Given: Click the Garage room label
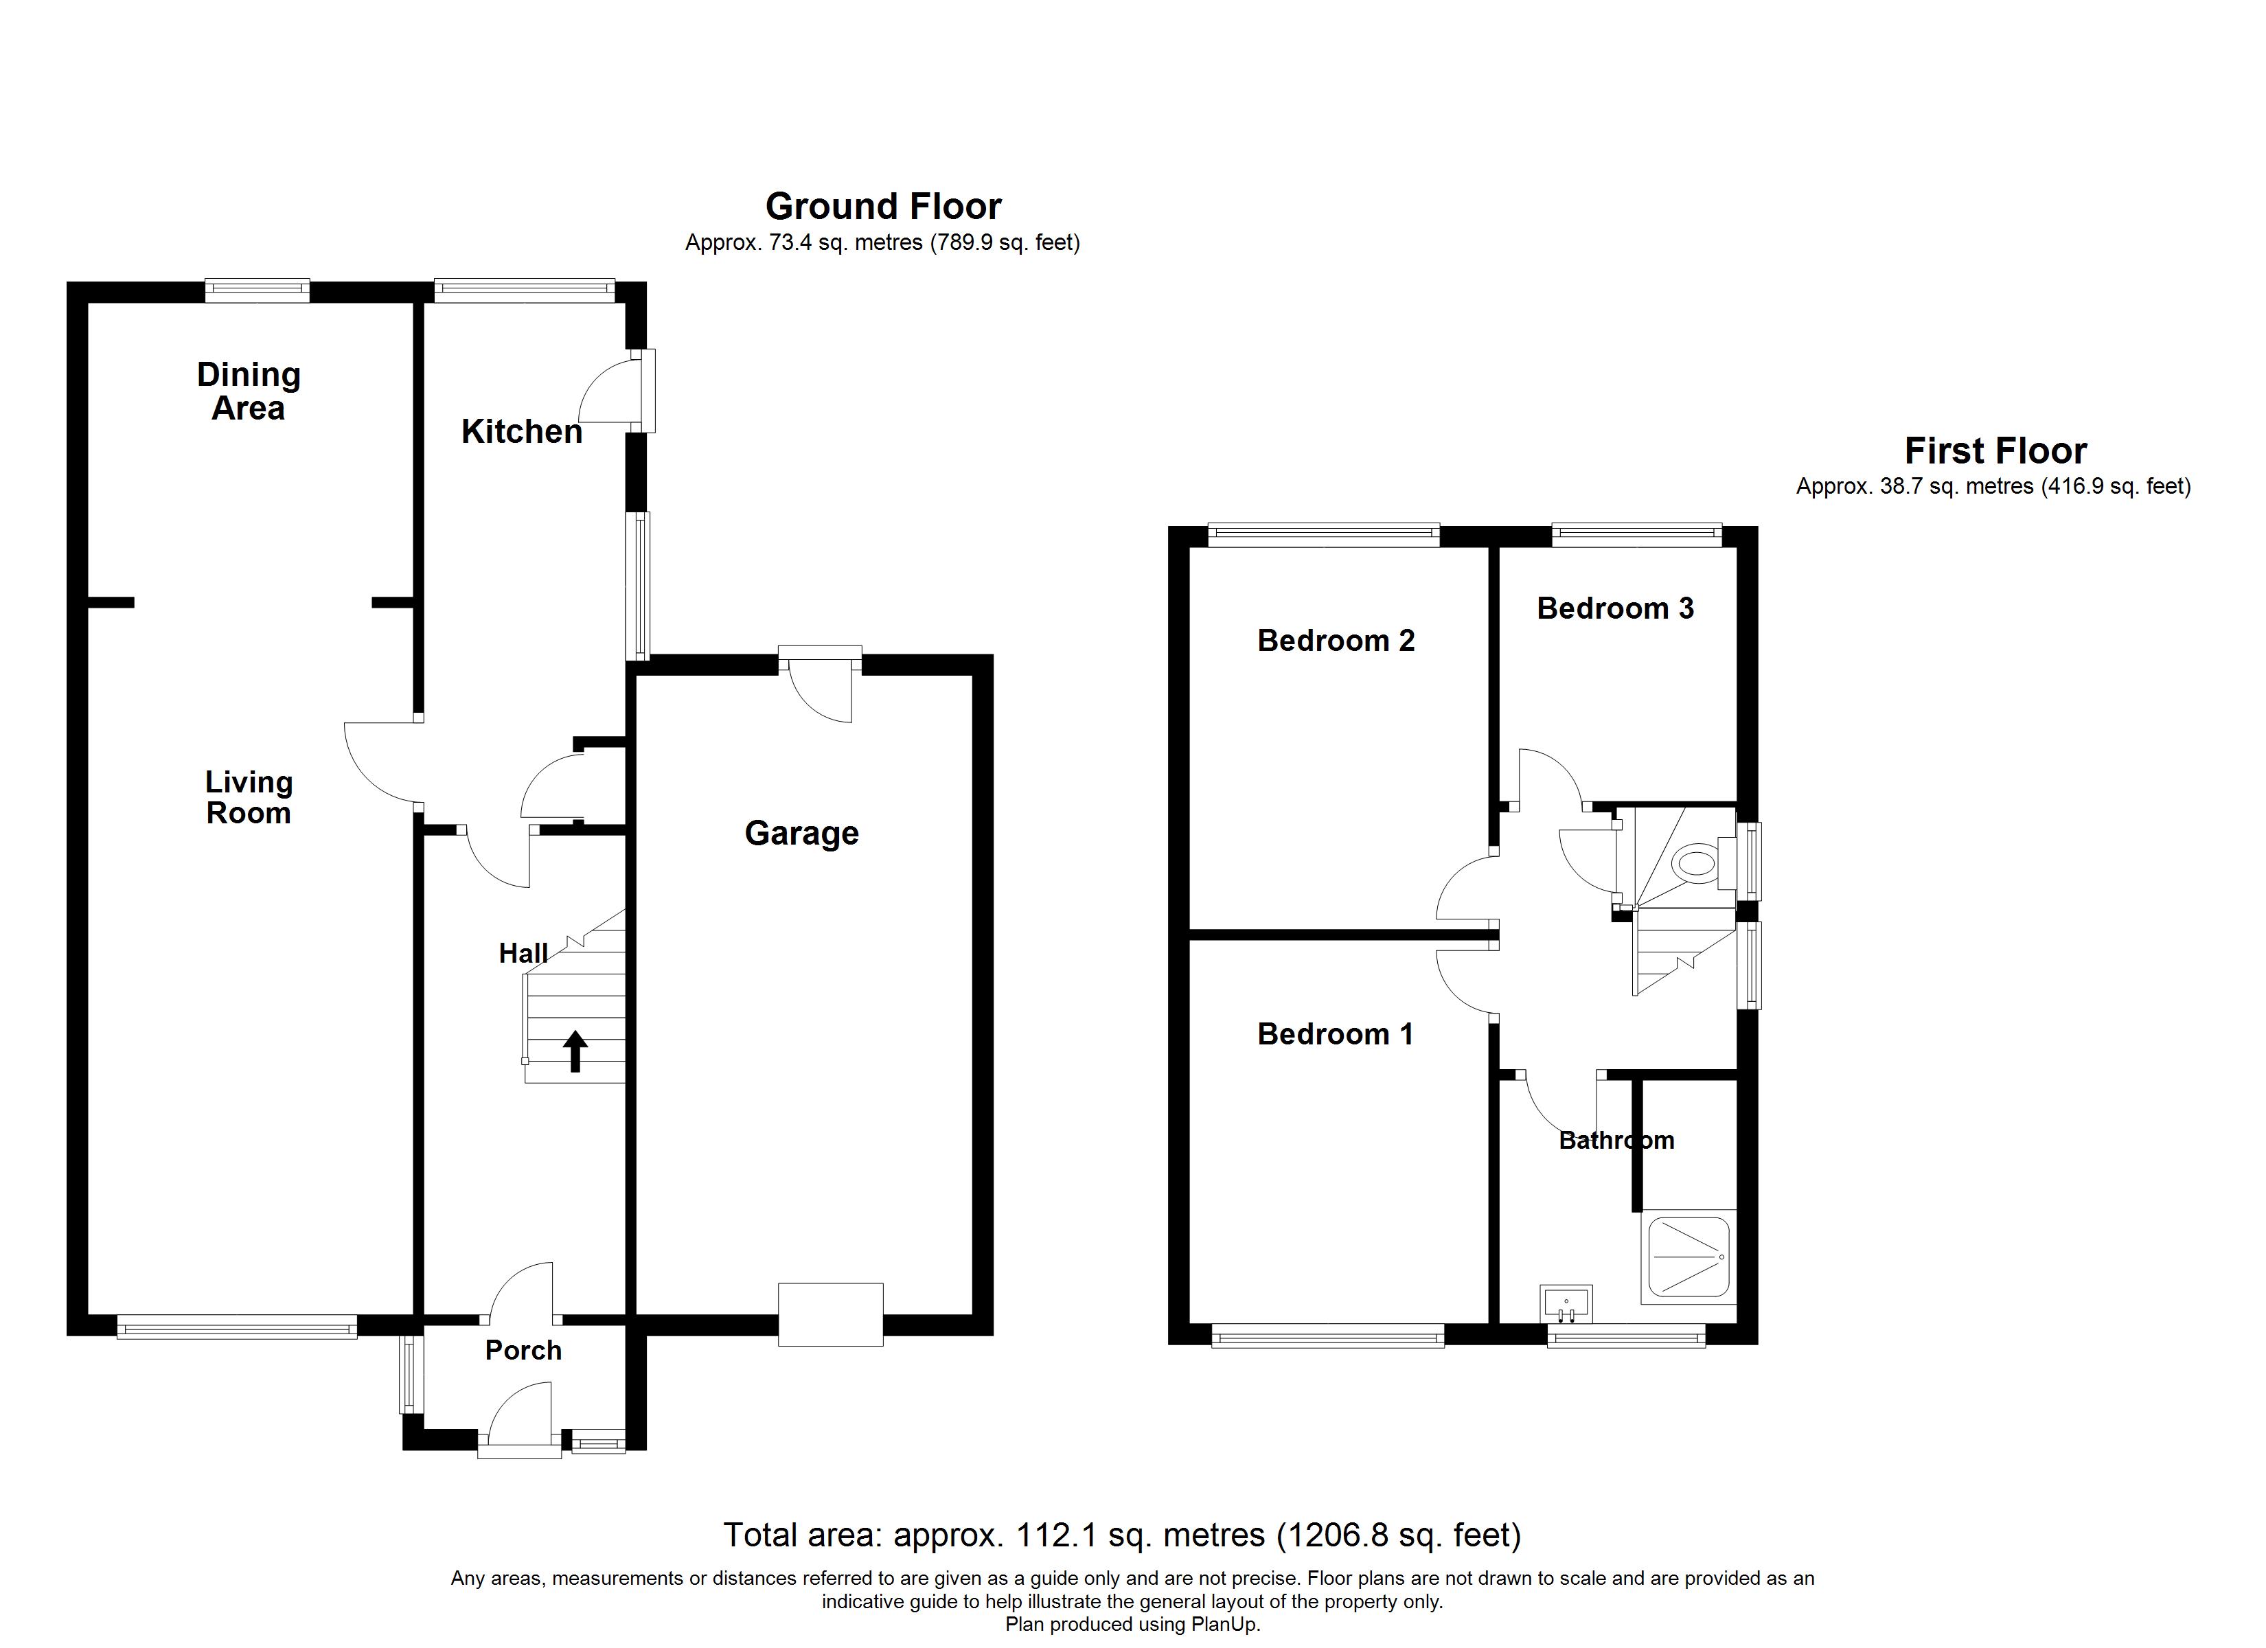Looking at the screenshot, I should click(801, 834).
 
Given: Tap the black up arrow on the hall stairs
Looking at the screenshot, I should click(575, 1051).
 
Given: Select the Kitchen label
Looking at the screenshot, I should click(522, 432).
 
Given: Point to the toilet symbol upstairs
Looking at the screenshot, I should click(1695, 862).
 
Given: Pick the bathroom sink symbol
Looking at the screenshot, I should click(1566, 1303).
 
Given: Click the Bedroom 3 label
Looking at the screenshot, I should click(1614, 608).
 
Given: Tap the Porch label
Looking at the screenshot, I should click(523, 1350).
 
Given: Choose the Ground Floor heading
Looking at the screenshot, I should click(882, 207).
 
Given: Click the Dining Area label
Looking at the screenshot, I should click(248, 392).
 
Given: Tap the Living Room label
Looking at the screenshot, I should click(248, 797).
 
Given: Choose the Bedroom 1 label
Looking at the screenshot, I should click(1335, 1034).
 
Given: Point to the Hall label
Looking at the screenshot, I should click(523, 953).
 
